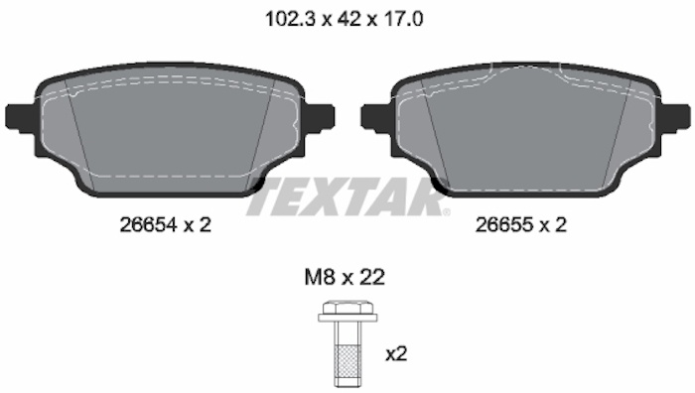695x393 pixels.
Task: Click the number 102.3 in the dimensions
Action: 290,19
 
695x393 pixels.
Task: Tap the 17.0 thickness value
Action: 402,19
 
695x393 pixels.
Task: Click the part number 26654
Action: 149,225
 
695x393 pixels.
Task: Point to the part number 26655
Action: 504,225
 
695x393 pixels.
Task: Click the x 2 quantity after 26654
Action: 199,225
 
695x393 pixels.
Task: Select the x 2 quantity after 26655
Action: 554,225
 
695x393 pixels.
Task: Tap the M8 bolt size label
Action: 319,277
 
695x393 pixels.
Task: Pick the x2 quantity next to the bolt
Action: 396,354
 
